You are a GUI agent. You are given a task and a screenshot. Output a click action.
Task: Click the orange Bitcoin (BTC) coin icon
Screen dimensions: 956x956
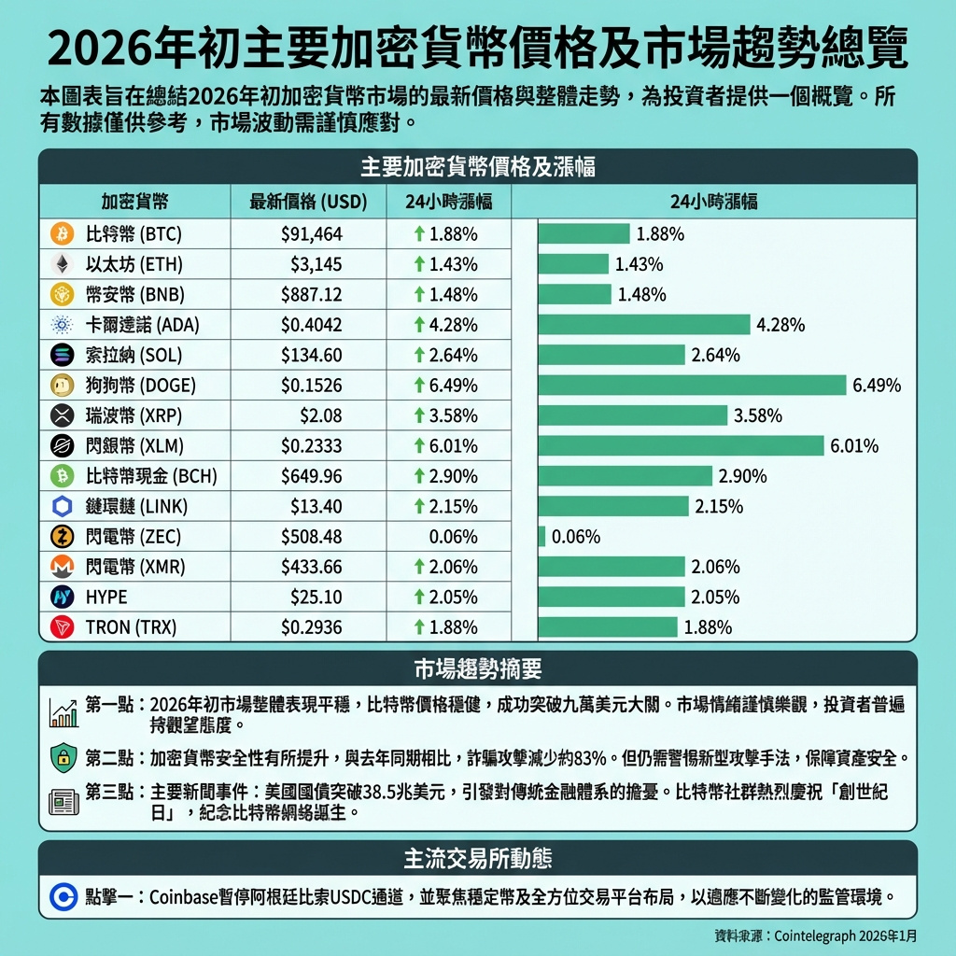pyautogui.click(x=63, y=233)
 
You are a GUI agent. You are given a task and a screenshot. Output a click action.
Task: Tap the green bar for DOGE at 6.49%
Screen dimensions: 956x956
pyautogui.click(x=693, y=385)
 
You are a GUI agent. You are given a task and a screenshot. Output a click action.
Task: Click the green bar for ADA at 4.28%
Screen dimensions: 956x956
pyautogui.click(x=644, y=325)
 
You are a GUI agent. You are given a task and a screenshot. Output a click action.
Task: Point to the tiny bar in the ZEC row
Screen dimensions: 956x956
pyautogui.click(x=542, y=536)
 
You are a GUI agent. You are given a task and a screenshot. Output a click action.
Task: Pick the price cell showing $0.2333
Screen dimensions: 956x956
pyautogui.click(x=312, y=446)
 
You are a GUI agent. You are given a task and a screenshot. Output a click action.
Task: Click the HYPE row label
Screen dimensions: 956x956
pyautogui.click(x=105, y=597)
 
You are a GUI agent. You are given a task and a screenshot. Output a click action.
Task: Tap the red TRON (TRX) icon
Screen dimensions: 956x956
pyautogui.click(x=63, y=626)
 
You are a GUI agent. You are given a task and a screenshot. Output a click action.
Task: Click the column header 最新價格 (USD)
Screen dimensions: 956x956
pyautogui.click(x=308, y=202)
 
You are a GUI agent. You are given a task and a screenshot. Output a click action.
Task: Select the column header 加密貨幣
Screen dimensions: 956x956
pyautogui.click(x=135, y=202)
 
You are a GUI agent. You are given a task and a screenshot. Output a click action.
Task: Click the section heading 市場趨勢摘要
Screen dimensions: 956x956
pyautogui.click(x=478, y=669)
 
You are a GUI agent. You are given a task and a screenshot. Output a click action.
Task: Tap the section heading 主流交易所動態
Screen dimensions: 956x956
pyautogui.click(x=478, y=858)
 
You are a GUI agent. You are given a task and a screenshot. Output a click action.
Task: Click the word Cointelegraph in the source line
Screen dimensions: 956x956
pyautogui.click(x=822, y=935)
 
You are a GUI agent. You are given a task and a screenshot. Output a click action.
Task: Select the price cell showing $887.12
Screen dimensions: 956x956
pyautogui.click(x=312, y=294)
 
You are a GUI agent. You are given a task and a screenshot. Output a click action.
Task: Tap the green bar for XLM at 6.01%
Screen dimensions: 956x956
pyautogui.click(x=682, y=445)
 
